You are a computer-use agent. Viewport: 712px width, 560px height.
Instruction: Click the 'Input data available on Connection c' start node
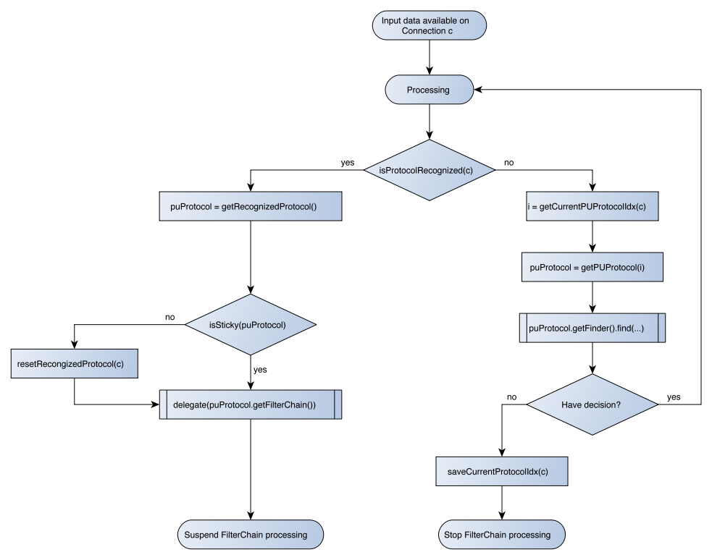[430, 26]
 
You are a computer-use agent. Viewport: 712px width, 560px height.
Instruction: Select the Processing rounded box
[429, 90]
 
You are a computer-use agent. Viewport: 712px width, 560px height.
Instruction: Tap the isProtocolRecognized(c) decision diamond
[430, 169]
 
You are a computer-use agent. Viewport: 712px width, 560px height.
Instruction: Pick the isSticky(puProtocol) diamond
[251, 324]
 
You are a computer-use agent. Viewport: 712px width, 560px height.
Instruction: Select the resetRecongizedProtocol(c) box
[74, 364]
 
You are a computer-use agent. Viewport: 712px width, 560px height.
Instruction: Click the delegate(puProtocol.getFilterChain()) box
[251, 404]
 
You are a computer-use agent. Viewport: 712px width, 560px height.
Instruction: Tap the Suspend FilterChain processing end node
[251, 535]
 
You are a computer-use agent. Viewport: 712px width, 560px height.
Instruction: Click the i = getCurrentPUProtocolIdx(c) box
[592, 206]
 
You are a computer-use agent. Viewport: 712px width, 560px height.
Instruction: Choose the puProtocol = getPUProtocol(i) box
[592, 267]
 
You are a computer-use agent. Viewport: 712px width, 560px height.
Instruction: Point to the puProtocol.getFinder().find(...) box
[592, 328]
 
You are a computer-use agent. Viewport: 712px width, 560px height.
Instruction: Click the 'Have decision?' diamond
[592, 404]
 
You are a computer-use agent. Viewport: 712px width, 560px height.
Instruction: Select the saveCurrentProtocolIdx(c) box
[501, 472]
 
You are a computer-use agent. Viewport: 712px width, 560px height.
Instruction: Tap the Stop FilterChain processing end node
[501, 535]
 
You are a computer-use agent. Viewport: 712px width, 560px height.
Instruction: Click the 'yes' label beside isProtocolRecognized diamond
[348, 164]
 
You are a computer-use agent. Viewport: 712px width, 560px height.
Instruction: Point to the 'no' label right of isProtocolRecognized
[509, 164]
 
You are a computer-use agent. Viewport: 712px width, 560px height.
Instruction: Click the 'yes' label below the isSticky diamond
[260, 370]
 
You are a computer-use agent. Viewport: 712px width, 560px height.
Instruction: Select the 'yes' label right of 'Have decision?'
[674, 398]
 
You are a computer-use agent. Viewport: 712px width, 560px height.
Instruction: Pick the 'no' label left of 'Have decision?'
[512, 398]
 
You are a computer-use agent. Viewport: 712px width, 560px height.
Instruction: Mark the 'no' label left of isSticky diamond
[170, 317]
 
